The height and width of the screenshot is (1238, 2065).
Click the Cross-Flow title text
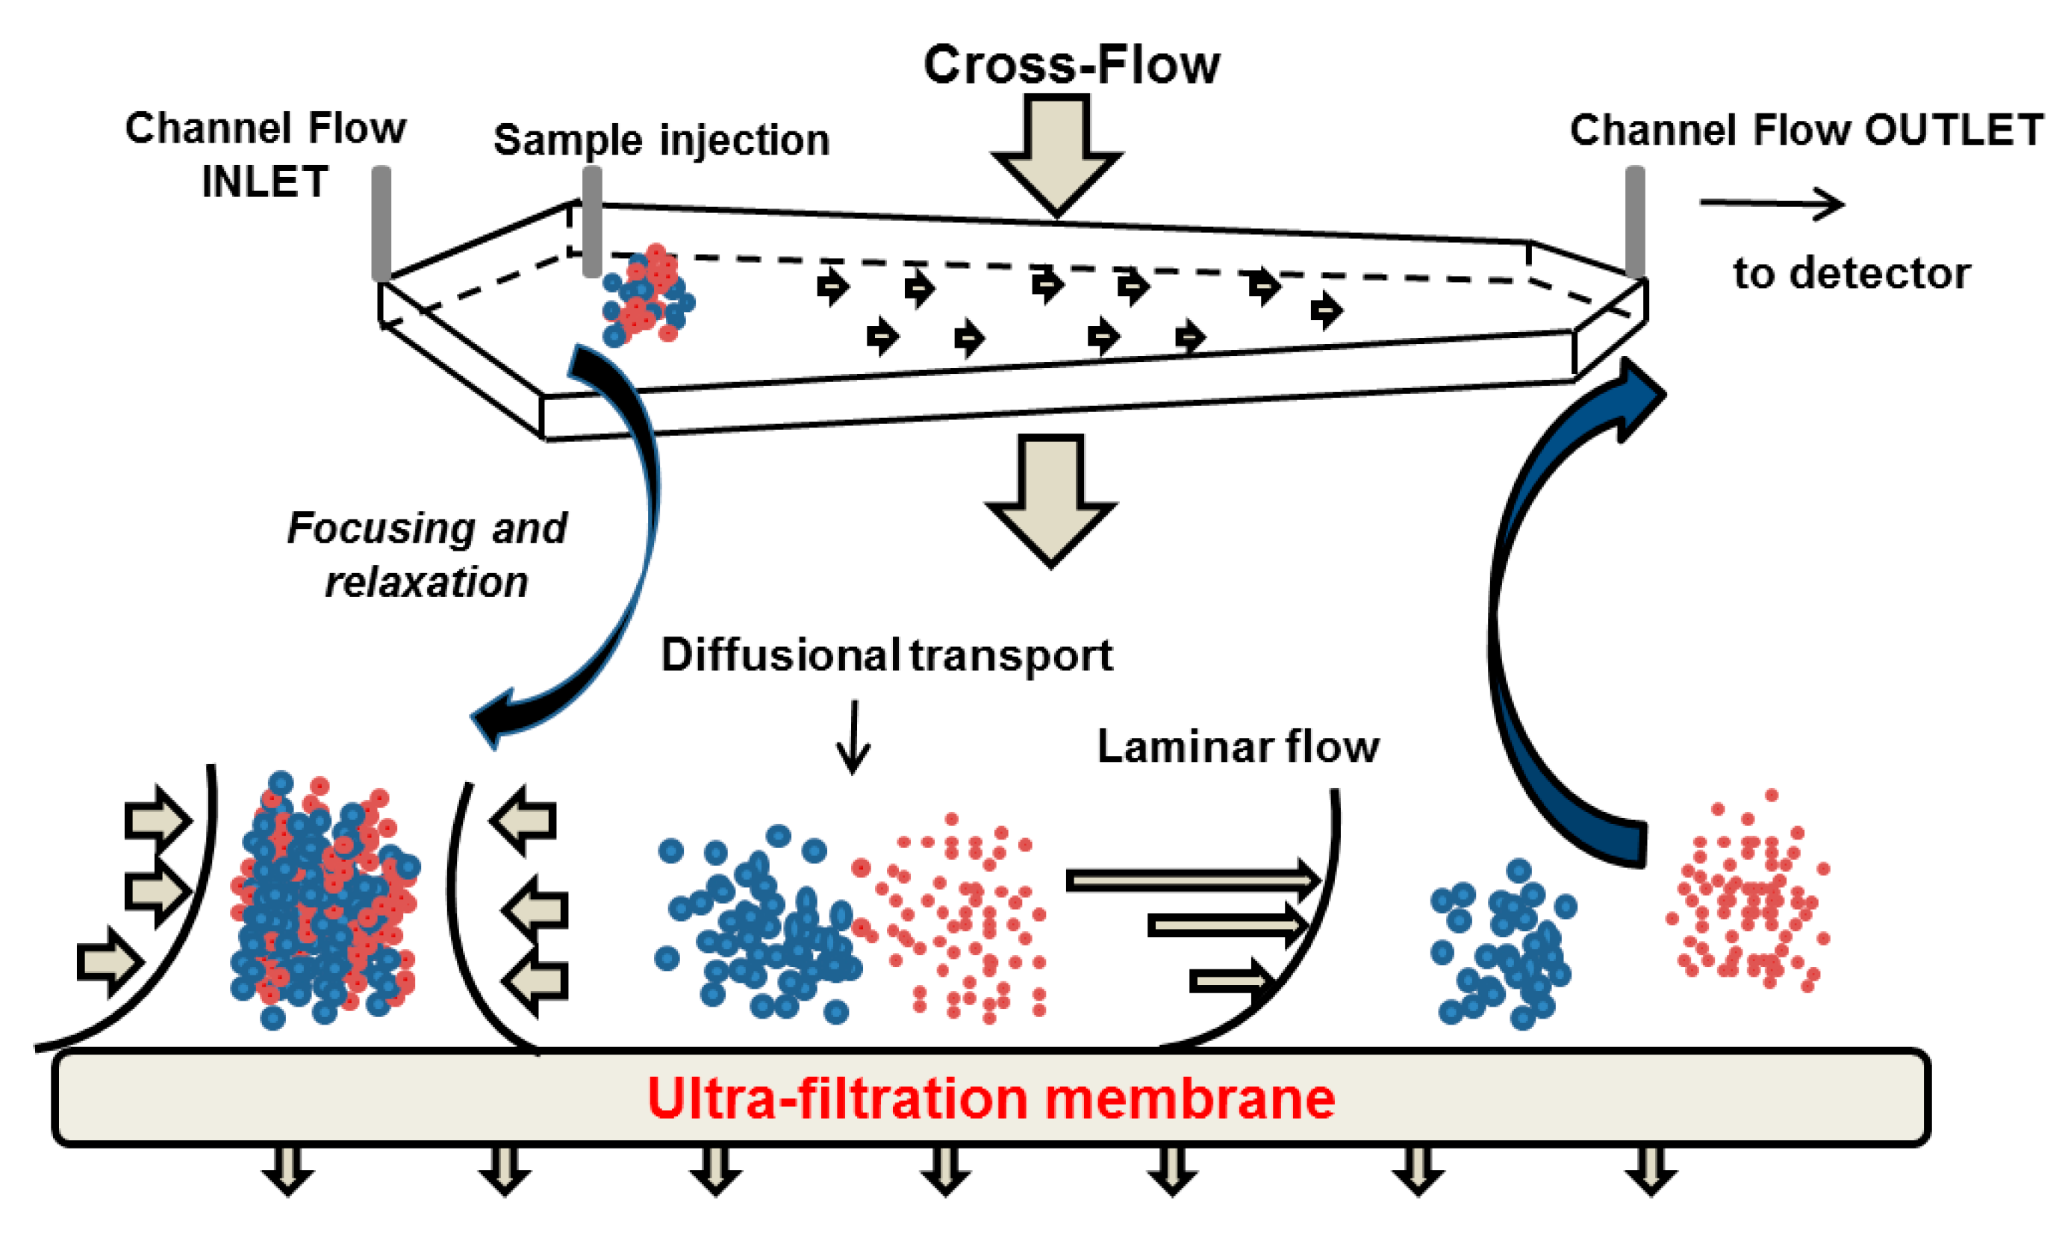1071,65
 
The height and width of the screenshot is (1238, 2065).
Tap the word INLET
265,181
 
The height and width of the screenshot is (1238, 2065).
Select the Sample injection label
661,140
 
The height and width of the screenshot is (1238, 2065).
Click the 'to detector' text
1851,273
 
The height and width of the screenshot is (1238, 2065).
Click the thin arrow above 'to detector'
1772,204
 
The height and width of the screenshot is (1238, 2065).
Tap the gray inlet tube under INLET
381,224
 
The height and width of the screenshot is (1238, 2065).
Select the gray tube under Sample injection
592,221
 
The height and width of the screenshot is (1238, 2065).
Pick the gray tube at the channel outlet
1635,222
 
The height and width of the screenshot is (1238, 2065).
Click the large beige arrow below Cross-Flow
1057,154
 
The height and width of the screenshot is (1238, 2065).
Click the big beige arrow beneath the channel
1050,501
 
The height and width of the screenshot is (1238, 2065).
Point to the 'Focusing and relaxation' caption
427,554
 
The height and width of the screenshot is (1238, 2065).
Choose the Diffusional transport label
887,656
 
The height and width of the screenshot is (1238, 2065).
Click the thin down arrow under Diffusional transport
853,737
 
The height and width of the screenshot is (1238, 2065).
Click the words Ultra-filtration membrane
991,1098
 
